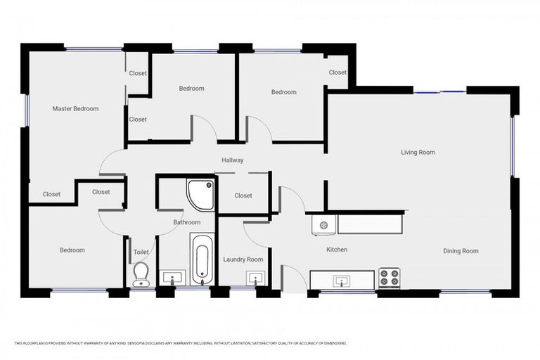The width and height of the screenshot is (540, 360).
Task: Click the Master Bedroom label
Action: point(75,109)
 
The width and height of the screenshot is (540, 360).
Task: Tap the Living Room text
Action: point(418,153)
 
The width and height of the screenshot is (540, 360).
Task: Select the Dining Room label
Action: point(461,251)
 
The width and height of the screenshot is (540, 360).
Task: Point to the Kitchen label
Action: point(336,250)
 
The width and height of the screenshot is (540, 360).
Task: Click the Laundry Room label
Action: point(243,259)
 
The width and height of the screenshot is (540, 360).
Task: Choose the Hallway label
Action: point(232,160)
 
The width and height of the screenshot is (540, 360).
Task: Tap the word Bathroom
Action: point(187,222)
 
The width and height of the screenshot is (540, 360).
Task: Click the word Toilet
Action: point(141,251)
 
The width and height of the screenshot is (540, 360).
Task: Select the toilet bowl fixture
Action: point(141,273)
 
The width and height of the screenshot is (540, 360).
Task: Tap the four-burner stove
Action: point(390,278)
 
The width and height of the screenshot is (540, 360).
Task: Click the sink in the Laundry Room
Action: point(254,278)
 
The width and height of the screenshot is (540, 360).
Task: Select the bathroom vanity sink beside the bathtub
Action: point(171,278)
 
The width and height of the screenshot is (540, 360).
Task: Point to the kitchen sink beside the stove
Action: point(342,281)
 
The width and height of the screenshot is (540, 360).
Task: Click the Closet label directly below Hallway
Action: point(243,195)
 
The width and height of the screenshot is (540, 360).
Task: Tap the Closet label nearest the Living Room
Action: point(337,72)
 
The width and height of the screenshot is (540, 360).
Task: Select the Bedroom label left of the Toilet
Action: point(72,250)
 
